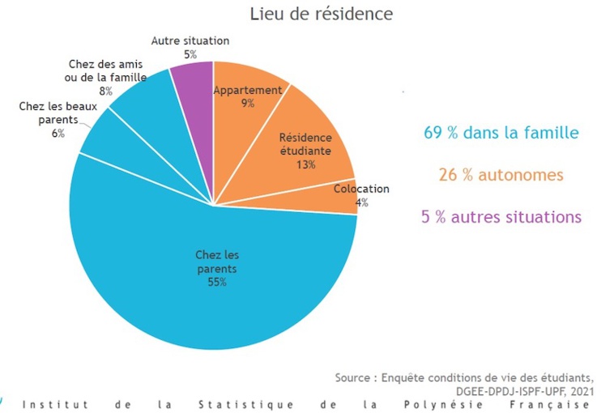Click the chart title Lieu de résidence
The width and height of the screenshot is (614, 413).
point(322,15)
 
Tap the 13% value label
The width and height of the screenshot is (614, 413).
point(305,164)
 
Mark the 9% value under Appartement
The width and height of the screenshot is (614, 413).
point(247,104)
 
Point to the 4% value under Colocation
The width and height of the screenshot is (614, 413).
point(361,202)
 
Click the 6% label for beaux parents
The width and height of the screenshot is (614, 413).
point(58,134)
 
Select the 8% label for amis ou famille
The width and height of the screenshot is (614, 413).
point(106,92)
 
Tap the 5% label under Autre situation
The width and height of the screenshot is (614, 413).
point(190,54)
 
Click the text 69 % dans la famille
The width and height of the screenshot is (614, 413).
point(501,133)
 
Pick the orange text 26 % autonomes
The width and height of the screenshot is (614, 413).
point(501,175)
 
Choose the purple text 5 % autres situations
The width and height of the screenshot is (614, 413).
point(501,217)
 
